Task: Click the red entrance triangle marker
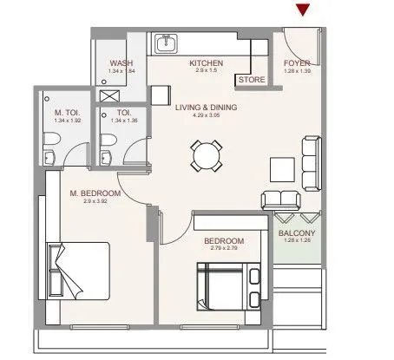(x=302, y=10)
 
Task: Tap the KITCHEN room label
(x=207, y=62)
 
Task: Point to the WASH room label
(x=121, y=62)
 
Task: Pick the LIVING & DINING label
(x=206, y=108)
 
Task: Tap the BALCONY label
(x=297, y=233)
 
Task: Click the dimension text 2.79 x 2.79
(x=224, y=249)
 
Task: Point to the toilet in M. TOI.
(x=51, y=155)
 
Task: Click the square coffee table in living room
(x=282, y=167)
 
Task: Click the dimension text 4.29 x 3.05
(x=206, y=116)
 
